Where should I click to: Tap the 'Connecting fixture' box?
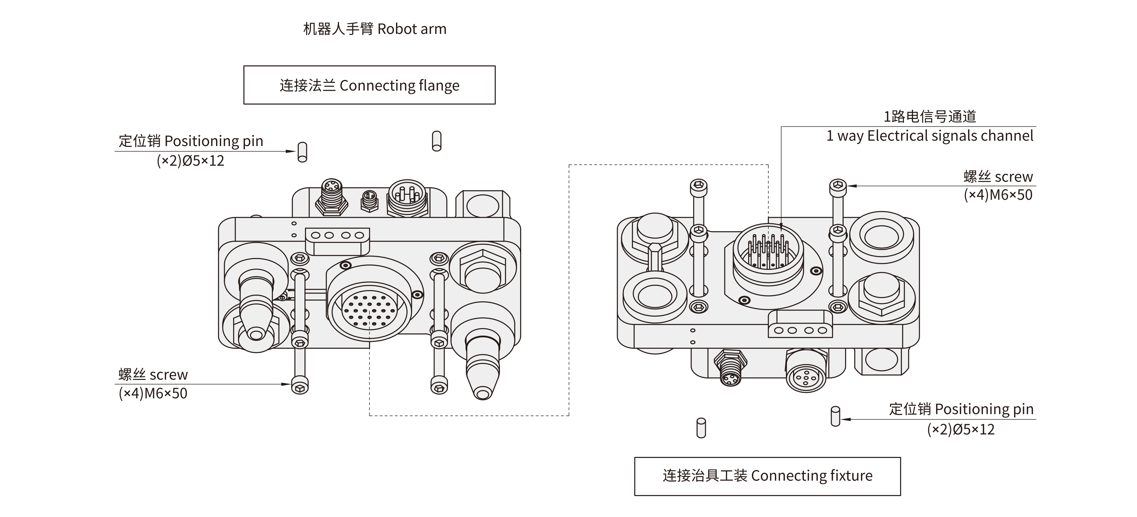point(767,476)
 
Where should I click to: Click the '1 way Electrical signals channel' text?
point(929,136)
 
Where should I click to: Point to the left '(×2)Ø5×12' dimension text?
point(190,160)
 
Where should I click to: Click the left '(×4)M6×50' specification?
point(153,393)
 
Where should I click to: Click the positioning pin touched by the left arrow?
point(302,152)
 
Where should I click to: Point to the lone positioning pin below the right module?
point(701,428)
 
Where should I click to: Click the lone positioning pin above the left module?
point(437,141)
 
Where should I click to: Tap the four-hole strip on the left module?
point(337,235)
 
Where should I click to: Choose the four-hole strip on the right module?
point(800,330)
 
